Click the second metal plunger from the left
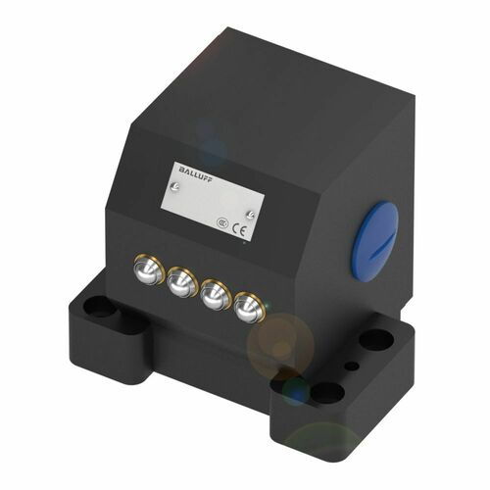(x=181, y=284)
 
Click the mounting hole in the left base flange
(x=97, y=307)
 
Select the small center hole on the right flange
(x=353, y=368)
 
